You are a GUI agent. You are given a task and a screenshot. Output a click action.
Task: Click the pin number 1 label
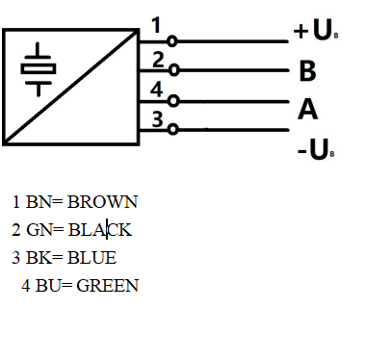tap(157, 24)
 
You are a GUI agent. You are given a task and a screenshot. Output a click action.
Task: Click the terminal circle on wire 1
tap(172, 41)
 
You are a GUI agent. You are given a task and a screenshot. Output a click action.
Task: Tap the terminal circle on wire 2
tap(172, 70)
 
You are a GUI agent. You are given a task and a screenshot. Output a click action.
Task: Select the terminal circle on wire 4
tap(172, 100)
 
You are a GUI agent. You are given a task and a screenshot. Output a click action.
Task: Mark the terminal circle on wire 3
tap(172, 130)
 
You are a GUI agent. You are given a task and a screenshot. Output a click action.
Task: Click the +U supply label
tap(314, 32)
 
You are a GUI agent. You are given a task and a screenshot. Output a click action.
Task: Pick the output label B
tap(307, 72)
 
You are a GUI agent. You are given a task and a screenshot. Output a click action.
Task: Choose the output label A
tap(307, 110)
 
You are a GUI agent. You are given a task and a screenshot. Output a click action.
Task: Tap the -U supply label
tap(314, 151)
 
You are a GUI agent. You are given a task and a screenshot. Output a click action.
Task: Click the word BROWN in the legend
tap(103, 202)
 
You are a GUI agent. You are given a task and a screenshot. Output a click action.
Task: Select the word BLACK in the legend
tap(99, 230)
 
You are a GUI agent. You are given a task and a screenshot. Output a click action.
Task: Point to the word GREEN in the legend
tap(108, 286)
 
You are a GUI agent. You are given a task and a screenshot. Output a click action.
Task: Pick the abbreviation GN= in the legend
tap(45, 230)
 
